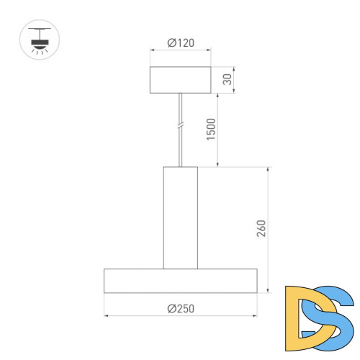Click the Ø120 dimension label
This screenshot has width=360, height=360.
tap(179, 42)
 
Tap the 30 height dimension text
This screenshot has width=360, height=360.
tap(227, 79)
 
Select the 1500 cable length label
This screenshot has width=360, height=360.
tap(211, 130)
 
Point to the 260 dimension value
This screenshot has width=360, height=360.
tap(261, 229)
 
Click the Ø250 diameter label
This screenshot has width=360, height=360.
tap(180, 308)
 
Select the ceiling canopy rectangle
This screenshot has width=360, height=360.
tap(180, 79)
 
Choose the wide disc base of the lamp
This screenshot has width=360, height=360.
tap(180, 280)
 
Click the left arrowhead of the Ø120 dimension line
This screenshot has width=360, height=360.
tap(152, 50)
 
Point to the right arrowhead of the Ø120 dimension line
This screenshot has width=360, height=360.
tap(208, 50)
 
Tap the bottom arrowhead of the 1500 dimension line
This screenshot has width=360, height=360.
tap(218, 165)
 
